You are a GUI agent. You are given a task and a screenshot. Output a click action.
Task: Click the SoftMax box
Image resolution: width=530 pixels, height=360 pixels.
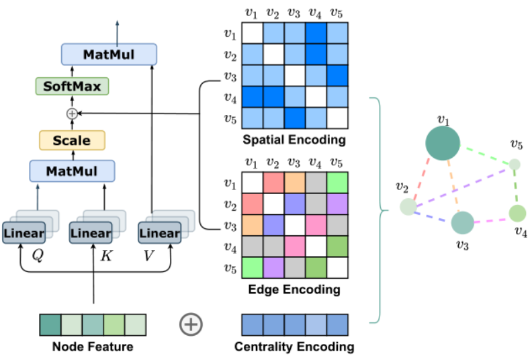pyautogui.click(x=72, y=86)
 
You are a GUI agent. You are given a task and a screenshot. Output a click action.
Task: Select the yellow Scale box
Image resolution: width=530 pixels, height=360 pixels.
pyautogui.click(x=72, y=140)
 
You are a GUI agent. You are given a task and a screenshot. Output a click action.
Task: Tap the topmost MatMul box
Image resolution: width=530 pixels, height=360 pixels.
pyautogui.click(x=109, y=54)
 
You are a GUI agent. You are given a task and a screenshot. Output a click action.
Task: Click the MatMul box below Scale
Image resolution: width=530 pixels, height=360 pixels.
pyautogui.click(x=72, y=171)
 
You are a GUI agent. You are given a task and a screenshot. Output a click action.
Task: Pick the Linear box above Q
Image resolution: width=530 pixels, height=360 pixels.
pyautogui.click(x=24, y=233)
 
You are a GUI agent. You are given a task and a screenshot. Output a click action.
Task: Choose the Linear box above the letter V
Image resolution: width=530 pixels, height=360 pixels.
pyautogui.click(x=159, y=233)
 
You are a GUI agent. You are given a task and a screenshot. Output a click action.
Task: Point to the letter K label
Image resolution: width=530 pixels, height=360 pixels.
pyautogui.click(x=105, y=256)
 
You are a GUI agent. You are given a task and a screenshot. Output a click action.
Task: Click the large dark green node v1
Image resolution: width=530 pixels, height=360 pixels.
pyautogui.click(x=443, y=144)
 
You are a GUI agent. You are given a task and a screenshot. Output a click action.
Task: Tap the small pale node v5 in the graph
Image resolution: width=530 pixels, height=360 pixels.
pyautogui.click(x=515, y=164)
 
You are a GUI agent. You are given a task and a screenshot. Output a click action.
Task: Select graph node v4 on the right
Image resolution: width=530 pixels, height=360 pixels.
pyautogui.click(x=517, y=214)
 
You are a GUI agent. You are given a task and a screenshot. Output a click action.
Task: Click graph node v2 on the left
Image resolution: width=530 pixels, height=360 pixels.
pyautogui.click(x=407, y=207)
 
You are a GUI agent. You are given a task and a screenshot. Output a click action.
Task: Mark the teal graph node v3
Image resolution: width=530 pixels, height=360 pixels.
pyautogui.click(x=462, y=222)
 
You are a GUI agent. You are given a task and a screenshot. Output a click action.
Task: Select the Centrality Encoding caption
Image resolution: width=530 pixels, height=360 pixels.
pyautogui.click(x=294, y=347)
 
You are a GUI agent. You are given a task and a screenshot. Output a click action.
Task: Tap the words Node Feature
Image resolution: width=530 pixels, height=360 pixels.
pyautogui.click(x=92, y=347)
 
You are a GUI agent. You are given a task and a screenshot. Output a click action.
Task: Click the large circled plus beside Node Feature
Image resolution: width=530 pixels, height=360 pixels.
pyautogui.click(x=191, y=325)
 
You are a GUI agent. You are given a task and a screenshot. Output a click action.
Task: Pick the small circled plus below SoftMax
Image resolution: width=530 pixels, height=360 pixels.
pyautogui.click(x=72, y=114)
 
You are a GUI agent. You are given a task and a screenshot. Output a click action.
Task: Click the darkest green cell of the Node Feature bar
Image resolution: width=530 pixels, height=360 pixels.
pyautogui.click(x=50, y=325)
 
